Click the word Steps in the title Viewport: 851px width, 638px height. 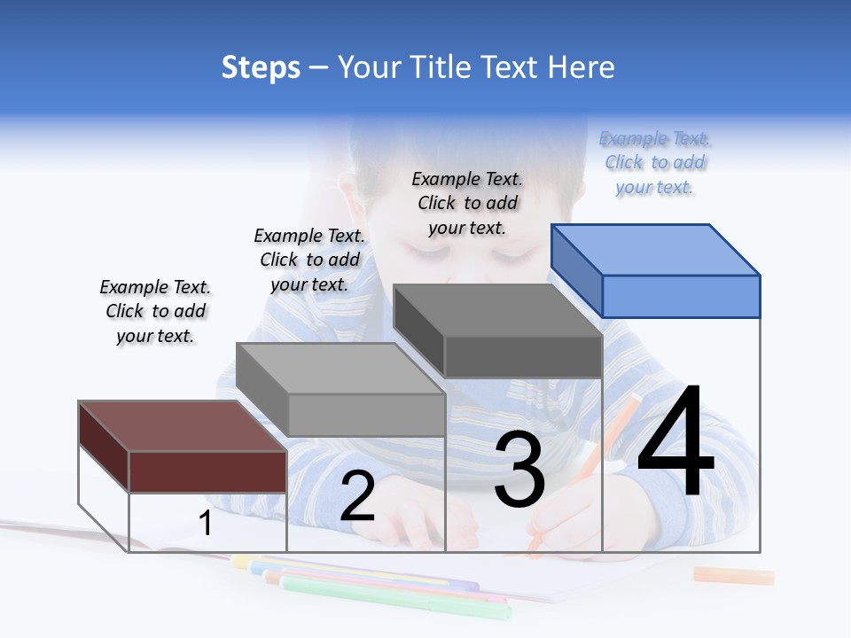coord(261,67)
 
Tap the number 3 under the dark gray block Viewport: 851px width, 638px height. coord(519,469)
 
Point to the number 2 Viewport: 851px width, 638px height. coord(357,496)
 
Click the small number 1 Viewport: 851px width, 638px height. coord(206,524)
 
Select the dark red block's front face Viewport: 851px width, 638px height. coord(207,471)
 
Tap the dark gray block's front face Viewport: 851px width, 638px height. coord(523,356)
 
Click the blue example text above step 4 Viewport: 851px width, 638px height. coord(654,163)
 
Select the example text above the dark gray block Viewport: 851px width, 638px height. coord(467,204)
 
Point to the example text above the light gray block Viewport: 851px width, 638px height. coord(309,260)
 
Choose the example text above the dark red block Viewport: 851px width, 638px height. coord(155,311)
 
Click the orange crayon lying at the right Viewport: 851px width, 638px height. coord(733,576)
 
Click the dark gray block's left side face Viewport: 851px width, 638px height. coord(419,331)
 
